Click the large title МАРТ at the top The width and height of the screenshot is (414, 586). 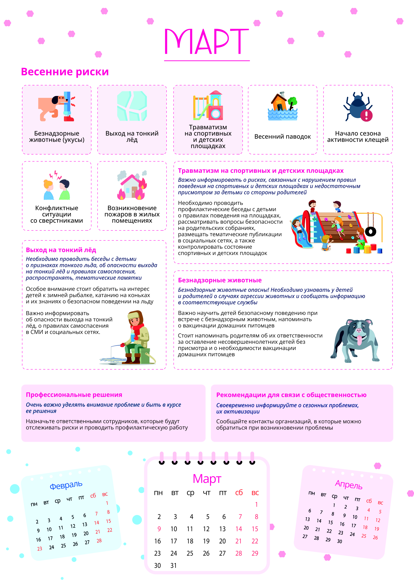(x=207, y=42)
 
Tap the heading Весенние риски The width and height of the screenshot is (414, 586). (x=65, y=72)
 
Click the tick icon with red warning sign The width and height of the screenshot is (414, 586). (x=358, y=107)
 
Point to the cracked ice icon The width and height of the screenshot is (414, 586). (x=132, y=106)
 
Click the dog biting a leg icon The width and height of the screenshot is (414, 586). (x=57, y=106)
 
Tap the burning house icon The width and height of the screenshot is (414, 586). (x=132, y=186)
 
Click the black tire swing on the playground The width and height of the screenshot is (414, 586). (x=370, y=231)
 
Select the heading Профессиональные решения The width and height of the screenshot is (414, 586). (x=74, y=395)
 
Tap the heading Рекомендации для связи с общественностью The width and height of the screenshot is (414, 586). (x=291, y=395)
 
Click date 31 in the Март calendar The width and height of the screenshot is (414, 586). (x=173, y=566)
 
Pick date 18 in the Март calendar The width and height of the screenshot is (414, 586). (x=190, y=541)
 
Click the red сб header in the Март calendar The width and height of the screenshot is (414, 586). (x=239, y=493)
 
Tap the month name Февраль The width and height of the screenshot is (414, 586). (x=66, y=485)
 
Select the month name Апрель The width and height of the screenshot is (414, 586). (x=349, y=485)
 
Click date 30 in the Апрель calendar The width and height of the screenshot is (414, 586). (x=339, y=541)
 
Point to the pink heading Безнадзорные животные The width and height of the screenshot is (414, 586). (x=220, y=280)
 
